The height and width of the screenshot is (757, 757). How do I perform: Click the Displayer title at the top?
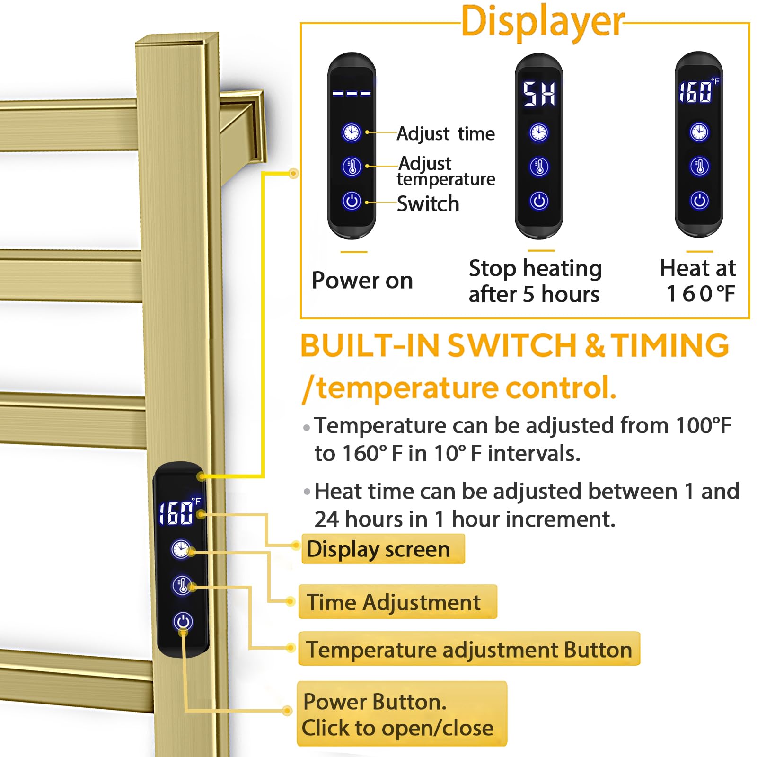pyautogui.click(x=542, y=22)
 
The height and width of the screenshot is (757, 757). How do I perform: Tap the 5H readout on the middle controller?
pyautogui.click(x=538, y=94)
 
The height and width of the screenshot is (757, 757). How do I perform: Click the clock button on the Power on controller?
pyautogui.click(x=352, y=132)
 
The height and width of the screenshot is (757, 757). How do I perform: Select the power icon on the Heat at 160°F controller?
pyautogui.click(x=699, y=201)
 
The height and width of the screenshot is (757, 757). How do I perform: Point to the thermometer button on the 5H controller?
pyautogui.click(x=539, y=167)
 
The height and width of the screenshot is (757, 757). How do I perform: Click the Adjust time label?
pyautogui.click(x=446, y=134)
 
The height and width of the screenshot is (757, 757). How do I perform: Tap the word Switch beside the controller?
pyautogui.click(x=428, y=204)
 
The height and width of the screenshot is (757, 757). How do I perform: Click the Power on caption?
pyautogui.click(x=362, y=280)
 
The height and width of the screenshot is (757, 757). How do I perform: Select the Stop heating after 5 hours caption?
pyautogui.click(x=535, y=281)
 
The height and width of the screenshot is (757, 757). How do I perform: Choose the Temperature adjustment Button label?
pyautogui.click(x=468, y=650)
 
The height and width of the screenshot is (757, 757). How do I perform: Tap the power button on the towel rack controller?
pyautogui.click(x=183, y=621)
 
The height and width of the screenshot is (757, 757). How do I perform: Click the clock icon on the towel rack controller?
pyautogui.click(x=181, y=549)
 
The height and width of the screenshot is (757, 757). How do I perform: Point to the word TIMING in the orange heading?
pyautogui.click(x=669, y=345)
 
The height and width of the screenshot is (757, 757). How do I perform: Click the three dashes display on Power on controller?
pyautogui.click(x=352, y=94)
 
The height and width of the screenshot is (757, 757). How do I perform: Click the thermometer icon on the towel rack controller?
pyautogui.click(x=182, y=585)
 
